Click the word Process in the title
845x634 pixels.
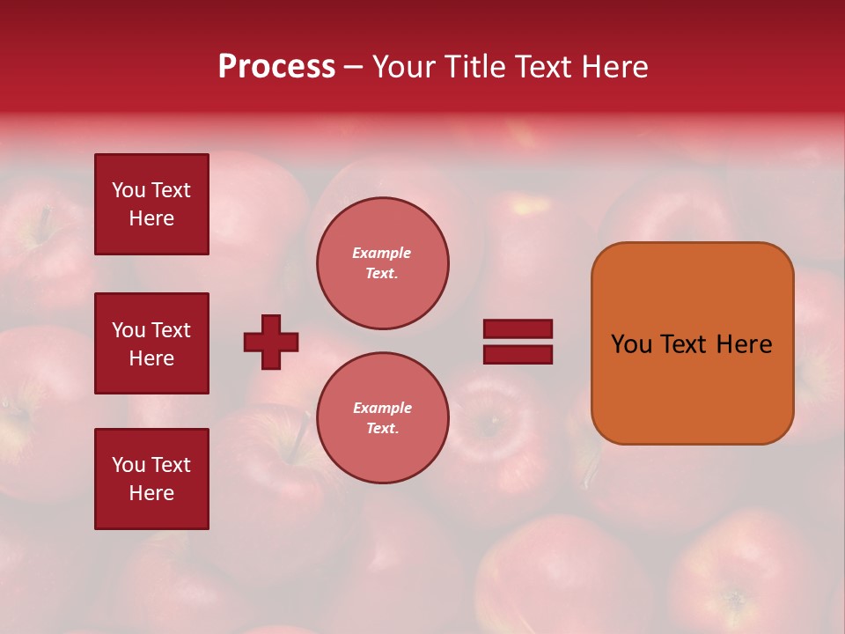pos(276,67)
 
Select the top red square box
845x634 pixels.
pos(151,204)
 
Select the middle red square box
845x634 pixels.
pos(151,343)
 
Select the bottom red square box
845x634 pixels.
pos(151,479)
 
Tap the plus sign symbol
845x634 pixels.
pos(271,342)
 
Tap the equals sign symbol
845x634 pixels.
pos(518,342)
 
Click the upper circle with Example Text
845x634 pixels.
pos(383,263)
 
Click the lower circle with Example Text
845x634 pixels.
pos(383,418)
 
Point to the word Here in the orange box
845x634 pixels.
pos(744,344)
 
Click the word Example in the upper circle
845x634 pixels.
pos(381,253)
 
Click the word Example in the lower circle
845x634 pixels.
pos(382,408)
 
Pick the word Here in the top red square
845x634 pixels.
pos(151,218)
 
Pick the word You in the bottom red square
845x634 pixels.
pos(129,465)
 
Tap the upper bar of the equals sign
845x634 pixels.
pos(518,329)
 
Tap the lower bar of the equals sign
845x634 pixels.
pos(518,354)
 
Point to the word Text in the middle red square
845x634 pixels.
pos(171,330)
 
